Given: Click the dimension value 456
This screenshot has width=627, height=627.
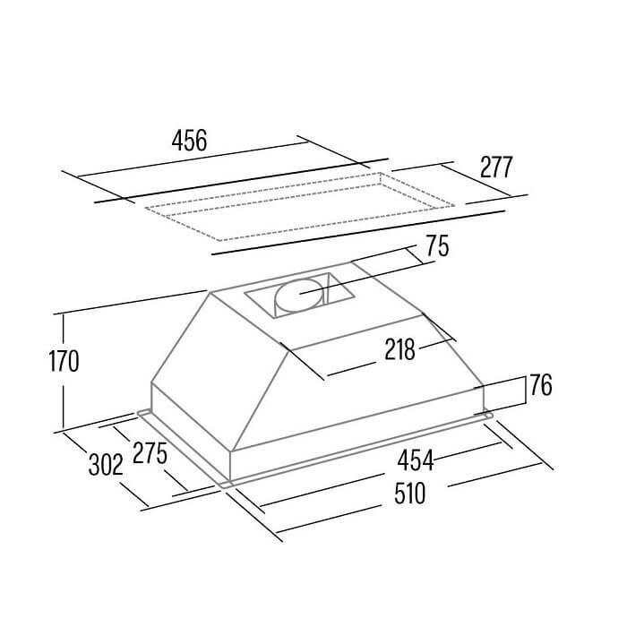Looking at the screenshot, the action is tap(189, 141).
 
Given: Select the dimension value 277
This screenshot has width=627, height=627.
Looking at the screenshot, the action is tap(496, 167).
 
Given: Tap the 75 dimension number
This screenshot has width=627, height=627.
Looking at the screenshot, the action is tap(437, 245).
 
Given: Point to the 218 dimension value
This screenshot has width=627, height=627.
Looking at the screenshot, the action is tap(399, 349).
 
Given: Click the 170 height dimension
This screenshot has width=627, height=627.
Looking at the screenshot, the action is tap(64, 361).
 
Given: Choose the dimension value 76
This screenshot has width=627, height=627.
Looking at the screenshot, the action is tap(541, 385).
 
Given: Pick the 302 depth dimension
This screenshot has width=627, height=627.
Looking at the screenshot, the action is tap(106, 465).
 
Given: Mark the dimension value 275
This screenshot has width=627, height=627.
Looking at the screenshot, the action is tap(150, 452).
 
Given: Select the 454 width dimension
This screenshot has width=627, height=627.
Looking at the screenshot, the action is tap(415, 460).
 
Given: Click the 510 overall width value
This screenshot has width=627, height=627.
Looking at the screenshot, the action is tap(409, 494).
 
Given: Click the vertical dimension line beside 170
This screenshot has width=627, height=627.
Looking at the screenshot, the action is tap(64, 371).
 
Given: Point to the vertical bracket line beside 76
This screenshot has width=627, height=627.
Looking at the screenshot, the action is tap(526, 391).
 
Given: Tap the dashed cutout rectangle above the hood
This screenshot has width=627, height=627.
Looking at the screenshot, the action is tap(300, 207).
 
